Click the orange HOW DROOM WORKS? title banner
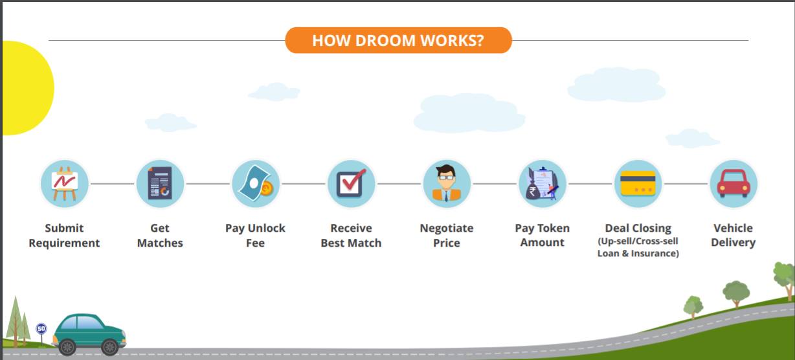398,40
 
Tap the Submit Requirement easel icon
64,183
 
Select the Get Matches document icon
160,183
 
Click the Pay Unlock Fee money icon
255,183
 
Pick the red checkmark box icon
351,183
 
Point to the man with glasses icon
447,183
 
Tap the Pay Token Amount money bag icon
543,183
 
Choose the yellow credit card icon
638,183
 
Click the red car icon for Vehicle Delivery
733,183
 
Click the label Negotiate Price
447,236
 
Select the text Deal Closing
638,228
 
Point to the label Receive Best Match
351,236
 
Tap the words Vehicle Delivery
733,235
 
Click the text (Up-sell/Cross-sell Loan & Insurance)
638,248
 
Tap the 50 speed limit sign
41,329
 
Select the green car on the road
89,333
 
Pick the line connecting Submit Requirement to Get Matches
112,184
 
